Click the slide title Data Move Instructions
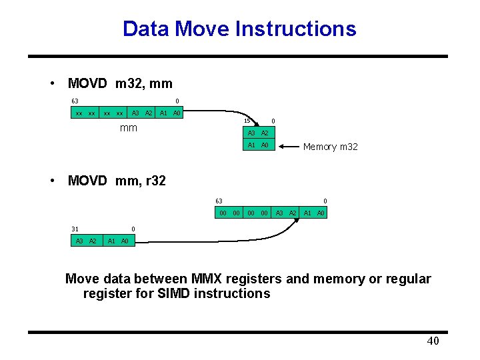point(239,29)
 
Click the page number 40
point(433,341)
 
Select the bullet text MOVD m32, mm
point(120,83)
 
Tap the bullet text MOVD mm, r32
point(117,180)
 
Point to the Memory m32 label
point(330,147)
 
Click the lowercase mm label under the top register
point(128,127)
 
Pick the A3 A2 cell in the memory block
point(258,133)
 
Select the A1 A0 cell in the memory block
point(258,145)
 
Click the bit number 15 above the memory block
point(247,121)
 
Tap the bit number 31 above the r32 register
point(75,229)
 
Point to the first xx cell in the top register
point(79,113)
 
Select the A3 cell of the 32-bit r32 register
point(79,241)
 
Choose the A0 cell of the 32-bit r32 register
point(125,241)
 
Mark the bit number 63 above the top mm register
point(75,101)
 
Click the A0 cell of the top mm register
point(177,113)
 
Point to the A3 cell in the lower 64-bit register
point(280,213)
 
